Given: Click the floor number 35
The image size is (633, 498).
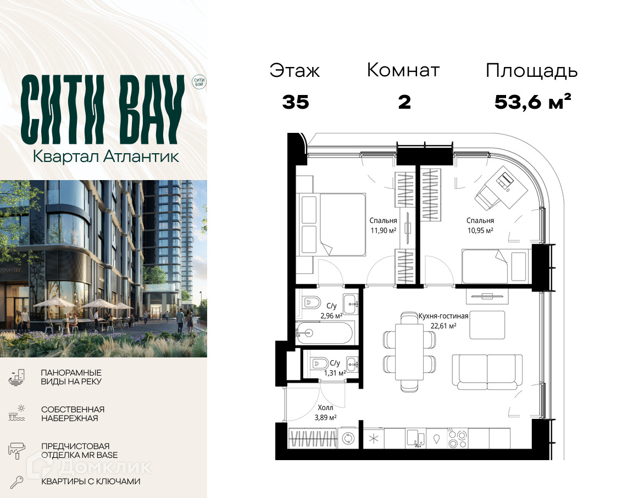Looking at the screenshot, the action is pyautogui.click(x=296, y=102).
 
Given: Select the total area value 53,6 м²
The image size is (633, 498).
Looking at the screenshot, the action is pyautogui.click(x=533, y=102).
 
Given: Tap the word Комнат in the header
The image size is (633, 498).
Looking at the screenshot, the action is pyautogui.click(x=403, y=70).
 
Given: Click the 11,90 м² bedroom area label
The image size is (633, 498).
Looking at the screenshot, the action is pyautogui.click(x=383, y=231).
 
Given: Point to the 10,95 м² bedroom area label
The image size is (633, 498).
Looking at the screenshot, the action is pyautogui.click(x=480, y=231).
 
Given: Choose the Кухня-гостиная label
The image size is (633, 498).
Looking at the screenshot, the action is pyautogui.click(x=443, y=316).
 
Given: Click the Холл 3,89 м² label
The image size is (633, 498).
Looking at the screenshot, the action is pyautogui.click(x=325, y=412).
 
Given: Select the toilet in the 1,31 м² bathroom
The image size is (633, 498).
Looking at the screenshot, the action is pyautogui.click(x=319, y=363).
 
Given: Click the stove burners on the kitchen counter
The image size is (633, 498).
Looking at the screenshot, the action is pyautogui.click(x=458, y=438).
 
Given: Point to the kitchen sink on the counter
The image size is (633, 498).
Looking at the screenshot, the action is pyautogui.click(x=415, y=438).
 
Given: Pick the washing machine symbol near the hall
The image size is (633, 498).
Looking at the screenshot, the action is pyautogui.click(x=348, y=438).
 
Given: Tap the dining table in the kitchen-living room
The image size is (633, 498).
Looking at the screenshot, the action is pyautogui.click(x=409, y=351).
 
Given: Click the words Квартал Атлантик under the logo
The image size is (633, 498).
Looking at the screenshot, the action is pyautogui.click(x=105, y=156).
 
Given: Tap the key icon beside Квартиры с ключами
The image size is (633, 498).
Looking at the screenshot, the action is pyautogui.click(x=16, y=482).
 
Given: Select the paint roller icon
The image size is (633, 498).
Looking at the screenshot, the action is pyautogui.click(x=16, y=450).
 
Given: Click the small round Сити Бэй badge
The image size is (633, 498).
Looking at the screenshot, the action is pyautogui.click(x=199, y=82).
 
